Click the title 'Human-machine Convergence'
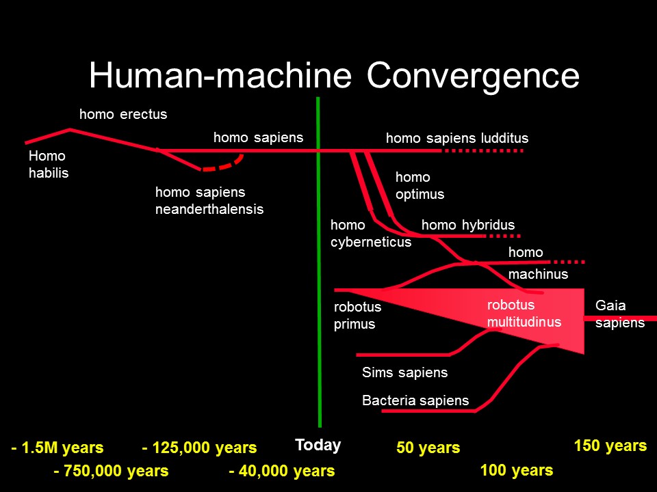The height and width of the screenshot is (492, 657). coord(334,75)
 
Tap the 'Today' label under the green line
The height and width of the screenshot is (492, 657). coord(318,445)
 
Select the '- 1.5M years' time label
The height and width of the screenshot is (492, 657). coord(57,448)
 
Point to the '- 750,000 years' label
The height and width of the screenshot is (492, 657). coord(111,471)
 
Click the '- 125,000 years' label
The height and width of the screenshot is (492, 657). coord(199,448)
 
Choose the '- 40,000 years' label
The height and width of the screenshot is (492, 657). coord(282,471)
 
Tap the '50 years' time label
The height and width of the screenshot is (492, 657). coord(428,447)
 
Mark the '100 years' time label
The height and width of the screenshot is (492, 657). coord(517,470)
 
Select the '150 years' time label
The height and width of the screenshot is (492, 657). coord(610,446)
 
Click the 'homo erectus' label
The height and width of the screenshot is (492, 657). coord(123,114)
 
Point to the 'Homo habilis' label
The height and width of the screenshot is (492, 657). coord(49,165)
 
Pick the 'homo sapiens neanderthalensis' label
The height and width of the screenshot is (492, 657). coord(209,200)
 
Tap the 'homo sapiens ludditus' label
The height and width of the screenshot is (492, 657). coord(457,138)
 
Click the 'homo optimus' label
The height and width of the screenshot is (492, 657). coord(420,186)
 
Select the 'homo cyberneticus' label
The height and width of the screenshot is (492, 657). coord(371,234)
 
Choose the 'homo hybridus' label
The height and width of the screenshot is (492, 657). coord(468,225)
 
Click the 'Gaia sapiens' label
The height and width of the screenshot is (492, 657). coord(620,314)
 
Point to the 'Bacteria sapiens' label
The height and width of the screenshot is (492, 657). coord(415,400)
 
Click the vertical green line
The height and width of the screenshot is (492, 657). coord(319,262)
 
